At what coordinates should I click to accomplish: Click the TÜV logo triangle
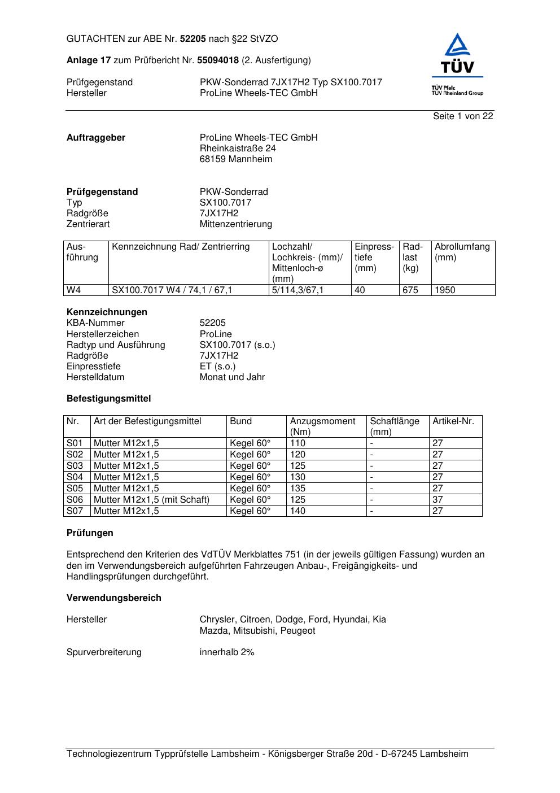pos(457,46)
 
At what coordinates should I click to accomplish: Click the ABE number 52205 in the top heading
pos(193,39)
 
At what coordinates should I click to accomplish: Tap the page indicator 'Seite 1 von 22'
pos(463,116)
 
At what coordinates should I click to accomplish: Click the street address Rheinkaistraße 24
pos(238,149)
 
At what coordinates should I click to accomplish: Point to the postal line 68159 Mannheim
pos(236,159)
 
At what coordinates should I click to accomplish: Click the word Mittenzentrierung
pos(236,224)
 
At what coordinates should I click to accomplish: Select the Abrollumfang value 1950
pos(445,290)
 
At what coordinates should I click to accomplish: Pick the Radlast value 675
pos(410,290)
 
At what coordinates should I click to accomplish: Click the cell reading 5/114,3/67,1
pos(298,290)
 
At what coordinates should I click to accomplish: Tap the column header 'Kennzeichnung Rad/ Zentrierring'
pos(181,247)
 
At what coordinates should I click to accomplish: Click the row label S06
pos(75,500)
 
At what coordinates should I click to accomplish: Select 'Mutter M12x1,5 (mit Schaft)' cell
pos(151,500)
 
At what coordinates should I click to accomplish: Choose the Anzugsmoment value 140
pos(297,511)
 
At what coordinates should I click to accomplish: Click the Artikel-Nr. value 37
pos(438,500)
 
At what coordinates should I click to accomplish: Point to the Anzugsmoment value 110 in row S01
pos(297,443)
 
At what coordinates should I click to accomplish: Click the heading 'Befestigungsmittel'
pos(108,399)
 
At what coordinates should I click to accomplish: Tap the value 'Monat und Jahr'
pos(232,377)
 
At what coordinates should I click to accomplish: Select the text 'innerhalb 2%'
pos(227,652)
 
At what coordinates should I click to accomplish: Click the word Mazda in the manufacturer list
pos(212,631)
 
